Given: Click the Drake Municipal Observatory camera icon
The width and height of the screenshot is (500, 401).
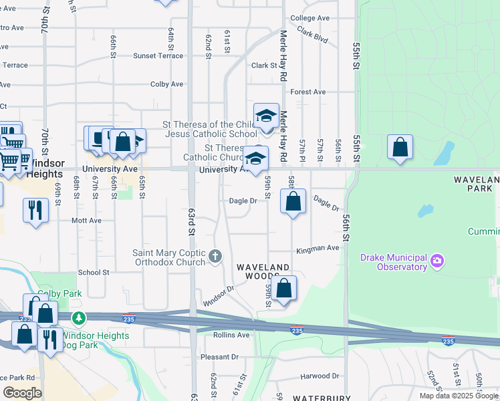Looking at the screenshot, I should pos(437,259).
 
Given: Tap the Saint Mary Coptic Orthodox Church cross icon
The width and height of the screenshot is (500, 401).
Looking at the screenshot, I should pos(215,256).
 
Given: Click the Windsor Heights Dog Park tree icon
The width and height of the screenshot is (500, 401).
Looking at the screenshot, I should pos(80,317).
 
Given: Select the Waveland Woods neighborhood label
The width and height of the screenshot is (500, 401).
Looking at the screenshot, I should pos(265,271).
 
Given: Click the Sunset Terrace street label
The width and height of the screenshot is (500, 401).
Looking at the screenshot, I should pos(158,56).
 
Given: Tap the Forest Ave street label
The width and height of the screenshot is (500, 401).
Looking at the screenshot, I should pos(308,92).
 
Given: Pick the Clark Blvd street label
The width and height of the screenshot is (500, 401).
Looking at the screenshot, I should pos(313,35).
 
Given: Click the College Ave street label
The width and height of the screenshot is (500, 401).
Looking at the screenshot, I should pos(310,18).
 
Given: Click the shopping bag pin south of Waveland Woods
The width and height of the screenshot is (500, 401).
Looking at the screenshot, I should pos(284,289).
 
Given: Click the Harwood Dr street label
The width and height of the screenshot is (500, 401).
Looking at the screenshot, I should pos(320,376).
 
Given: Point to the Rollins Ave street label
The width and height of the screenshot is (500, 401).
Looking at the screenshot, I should pos(231,335).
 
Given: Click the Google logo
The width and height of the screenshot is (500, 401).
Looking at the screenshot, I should pos(22,392).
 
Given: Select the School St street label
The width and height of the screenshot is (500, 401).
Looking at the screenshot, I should pos(94,273).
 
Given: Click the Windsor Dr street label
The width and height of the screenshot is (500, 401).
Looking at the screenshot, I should pos(220,291).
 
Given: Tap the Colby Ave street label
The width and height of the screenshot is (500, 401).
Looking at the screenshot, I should pos(166,84).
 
